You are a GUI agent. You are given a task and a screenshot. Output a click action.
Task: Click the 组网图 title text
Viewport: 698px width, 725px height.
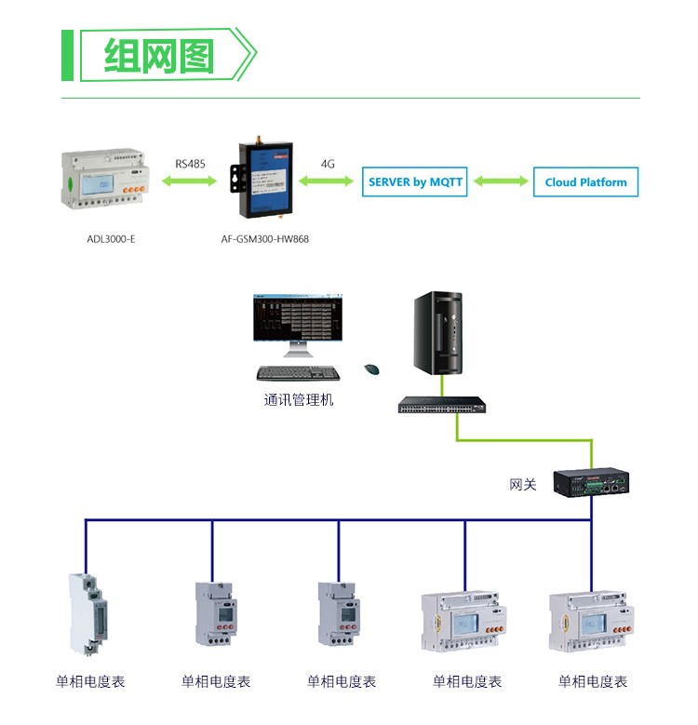[158, 56]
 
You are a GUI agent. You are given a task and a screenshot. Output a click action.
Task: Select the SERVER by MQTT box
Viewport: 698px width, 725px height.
[414, 181]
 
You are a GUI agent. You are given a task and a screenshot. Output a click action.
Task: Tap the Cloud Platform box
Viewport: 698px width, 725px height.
[585, 181]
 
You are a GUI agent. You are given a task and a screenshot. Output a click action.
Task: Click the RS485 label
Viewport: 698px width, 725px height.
[190, 164]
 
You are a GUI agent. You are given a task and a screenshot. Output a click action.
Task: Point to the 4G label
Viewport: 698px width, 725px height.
[328, 164]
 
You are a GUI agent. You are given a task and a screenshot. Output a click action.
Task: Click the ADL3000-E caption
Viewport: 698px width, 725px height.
[111, 239]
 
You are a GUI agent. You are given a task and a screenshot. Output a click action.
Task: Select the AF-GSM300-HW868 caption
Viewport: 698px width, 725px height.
[265, 239]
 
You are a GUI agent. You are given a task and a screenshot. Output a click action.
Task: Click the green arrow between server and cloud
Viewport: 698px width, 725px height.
[500, 181]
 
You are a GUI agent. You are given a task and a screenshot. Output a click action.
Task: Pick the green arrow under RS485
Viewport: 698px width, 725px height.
[191, 182]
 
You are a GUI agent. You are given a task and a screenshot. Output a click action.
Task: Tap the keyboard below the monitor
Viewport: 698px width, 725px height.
[298, 373]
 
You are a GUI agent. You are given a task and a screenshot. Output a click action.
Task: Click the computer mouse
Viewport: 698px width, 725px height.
[371, 369]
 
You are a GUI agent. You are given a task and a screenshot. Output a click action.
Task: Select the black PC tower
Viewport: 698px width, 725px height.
[437, 335]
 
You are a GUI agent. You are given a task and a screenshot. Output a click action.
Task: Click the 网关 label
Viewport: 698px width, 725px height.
[523, 485]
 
